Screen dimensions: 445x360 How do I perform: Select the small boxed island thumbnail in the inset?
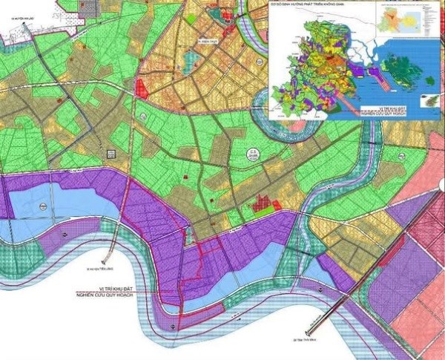[430, 101]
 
